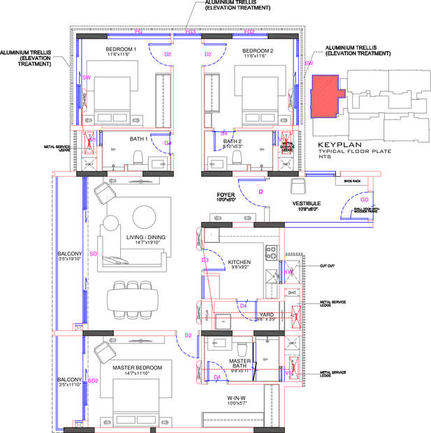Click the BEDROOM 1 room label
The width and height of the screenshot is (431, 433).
pyautogui.click(x=121, y=50)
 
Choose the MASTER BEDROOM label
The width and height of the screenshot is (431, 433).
pyautogui.click(x=137, y=367)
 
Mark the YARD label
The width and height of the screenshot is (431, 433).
pyautogui.click(x=266, y=314)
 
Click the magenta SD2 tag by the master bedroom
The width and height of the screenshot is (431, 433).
pyautogui.click(x=93, y=381)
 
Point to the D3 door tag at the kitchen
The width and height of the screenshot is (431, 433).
pyautogui.click(x=205, y=260)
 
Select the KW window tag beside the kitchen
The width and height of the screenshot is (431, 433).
pyautogui.click(x=288, y=271)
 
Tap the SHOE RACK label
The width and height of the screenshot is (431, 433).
pyautogui.click(x=351, y=181)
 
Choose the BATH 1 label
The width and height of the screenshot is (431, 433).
pyautogui.click(x=137, y=139)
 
